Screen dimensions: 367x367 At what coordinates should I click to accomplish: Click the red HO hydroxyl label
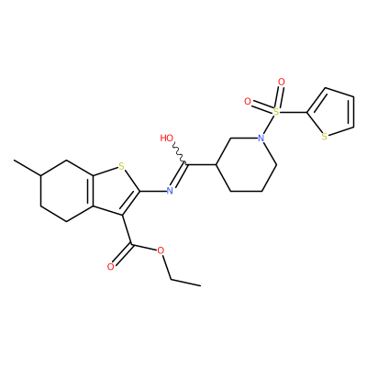[x=167, y=139]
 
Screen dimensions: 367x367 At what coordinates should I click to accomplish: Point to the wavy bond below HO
[x=179, y=152]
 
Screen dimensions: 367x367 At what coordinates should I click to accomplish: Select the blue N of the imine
[x=170, y=191]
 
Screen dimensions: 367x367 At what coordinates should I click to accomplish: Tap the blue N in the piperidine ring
[x=261, y=139]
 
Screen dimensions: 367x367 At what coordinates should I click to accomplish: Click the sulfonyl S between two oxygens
[x=276, y=112]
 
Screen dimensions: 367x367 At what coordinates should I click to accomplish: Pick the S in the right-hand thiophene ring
[x=325, y=137]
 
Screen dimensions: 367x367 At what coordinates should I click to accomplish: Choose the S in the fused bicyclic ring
[x=122, y=167]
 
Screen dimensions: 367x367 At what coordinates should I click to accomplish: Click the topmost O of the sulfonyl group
[x=282, y=82]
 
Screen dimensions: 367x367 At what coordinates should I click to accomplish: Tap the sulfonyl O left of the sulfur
[x=248, y=101]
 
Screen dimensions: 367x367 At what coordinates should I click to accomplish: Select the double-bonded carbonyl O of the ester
[x=111, y=267]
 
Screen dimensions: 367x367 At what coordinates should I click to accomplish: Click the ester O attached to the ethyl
[x=161, y=251]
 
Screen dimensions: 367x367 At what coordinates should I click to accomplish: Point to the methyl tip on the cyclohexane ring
[x=14, y=160]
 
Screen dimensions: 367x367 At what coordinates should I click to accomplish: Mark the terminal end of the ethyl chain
[x=200, y=285]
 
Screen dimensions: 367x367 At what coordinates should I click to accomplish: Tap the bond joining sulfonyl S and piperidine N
[x=269, y=126]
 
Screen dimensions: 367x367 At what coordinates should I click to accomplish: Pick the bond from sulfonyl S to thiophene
[x=294, y=113]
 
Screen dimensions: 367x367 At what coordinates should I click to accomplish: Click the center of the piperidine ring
[x=247, y=165]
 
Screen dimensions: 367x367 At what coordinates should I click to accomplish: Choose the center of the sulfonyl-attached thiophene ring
[x=332, y=111]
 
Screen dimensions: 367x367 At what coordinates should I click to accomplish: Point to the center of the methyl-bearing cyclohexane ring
[x=67, y=190]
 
